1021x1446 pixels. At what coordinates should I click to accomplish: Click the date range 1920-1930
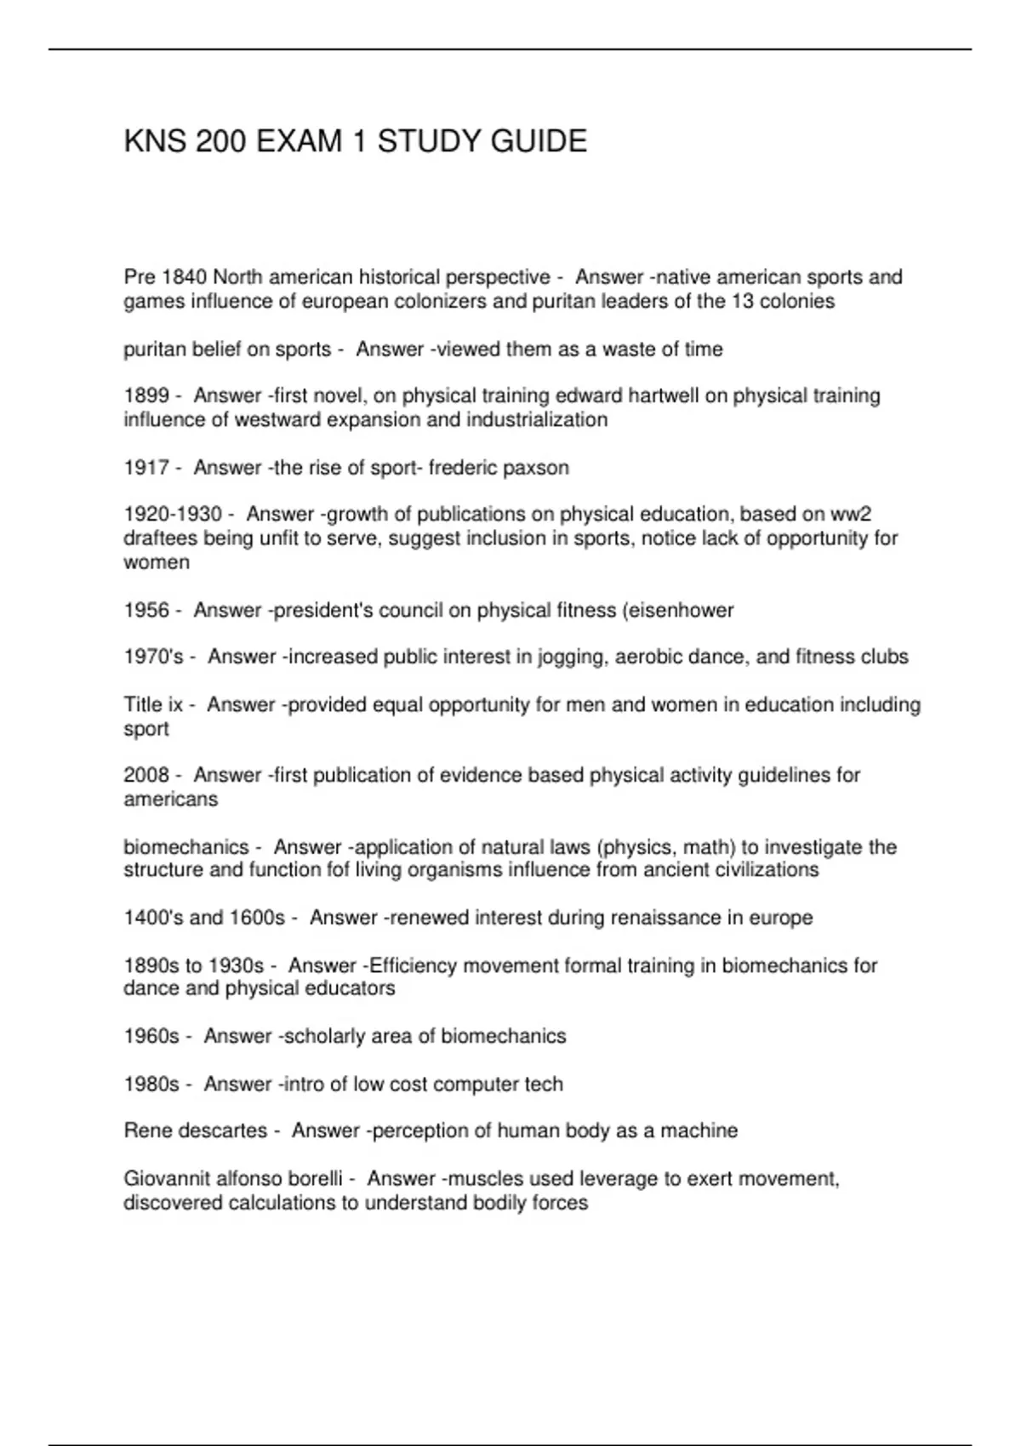point(173,515)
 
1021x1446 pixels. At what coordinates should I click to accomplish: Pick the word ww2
point(851,515)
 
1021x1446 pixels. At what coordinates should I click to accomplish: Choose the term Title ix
point(153,705)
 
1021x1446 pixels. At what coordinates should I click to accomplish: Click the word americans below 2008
point(171,800)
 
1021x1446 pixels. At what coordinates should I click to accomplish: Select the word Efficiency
point(406,966)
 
